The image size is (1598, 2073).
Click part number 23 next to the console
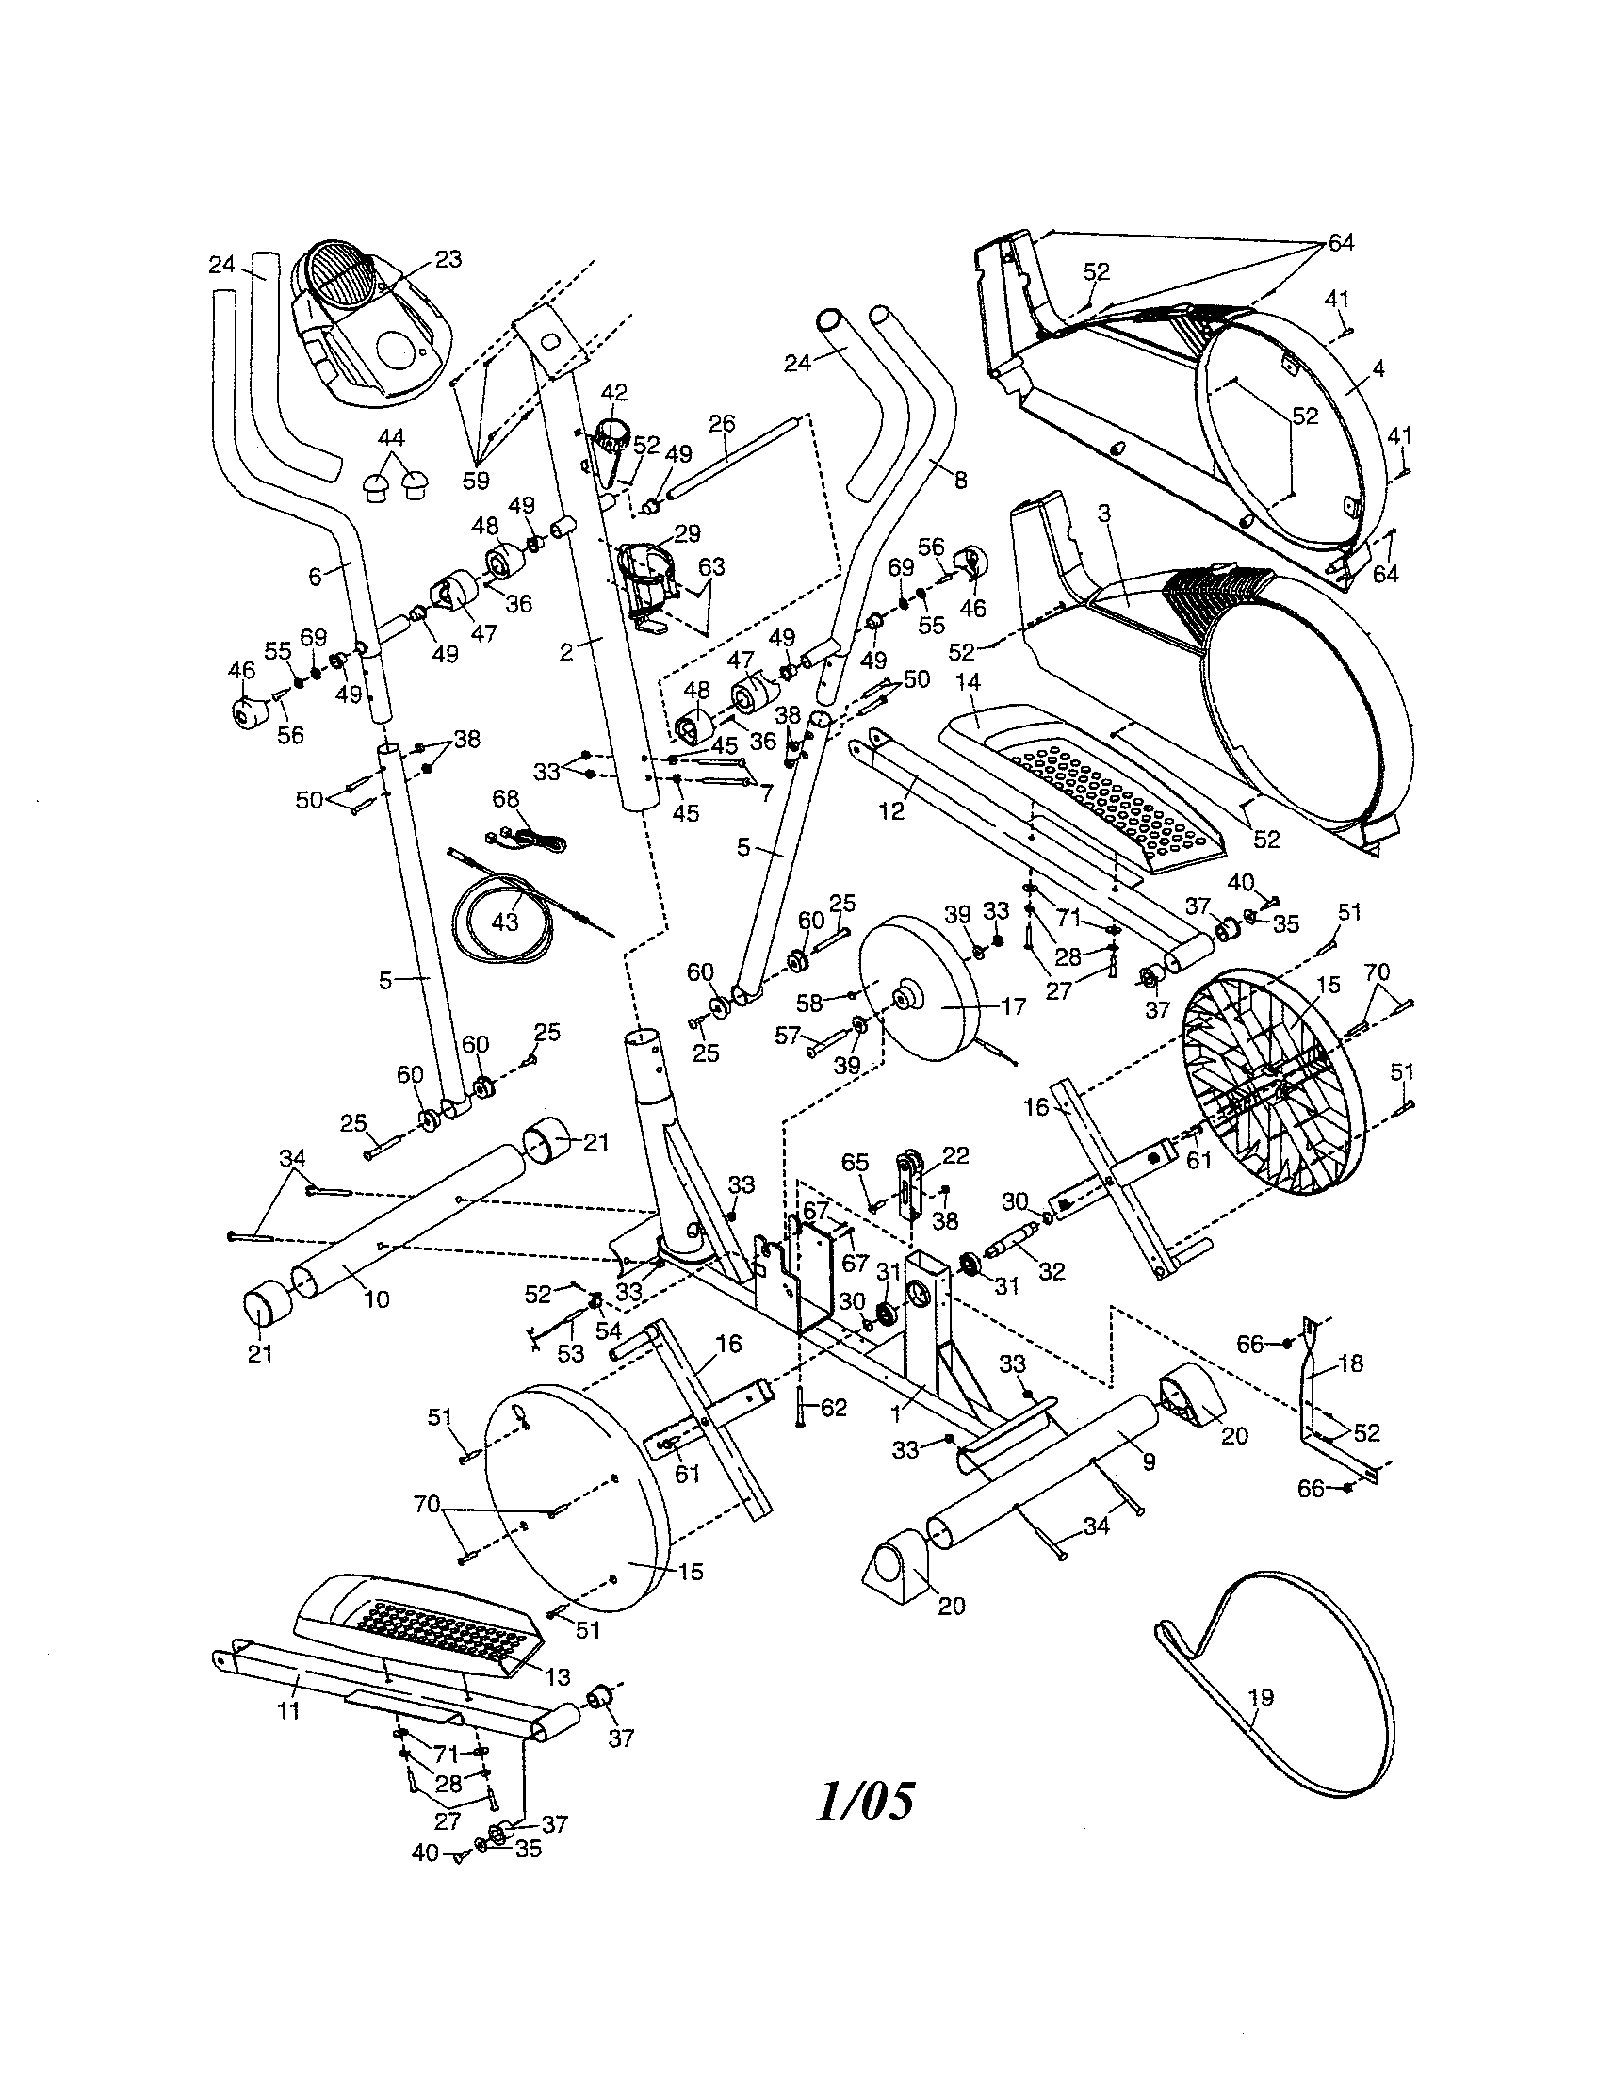tap(448, 259)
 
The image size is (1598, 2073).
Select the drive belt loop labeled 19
tap(1261, 1696)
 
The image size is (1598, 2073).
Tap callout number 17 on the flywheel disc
tap(1014, 1006)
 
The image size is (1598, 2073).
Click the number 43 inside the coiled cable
tap(505, 921)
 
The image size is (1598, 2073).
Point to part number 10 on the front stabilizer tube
tap(377, 1299)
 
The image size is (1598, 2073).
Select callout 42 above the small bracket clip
tap(614, 392)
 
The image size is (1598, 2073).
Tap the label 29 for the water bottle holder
tap(686, 533)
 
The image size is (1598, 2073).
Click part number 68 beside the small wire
tap(506, 799)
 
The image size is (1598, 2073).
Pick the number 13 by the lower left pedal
tap(559, 1677)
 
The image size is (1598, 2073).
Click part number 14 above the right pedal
tap(969, 681)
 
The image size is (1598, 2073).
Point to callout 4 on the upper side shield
tap(1378, 367)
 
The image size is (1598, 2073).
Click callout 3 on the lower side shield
tap(1103, 514)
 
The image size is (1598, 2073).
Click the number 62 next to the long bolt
tap(833, 1407)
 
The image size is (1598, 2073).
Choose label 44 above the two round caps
tap(391, 437)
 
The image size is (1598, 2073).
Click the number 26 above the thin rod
tap(722, 422)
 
